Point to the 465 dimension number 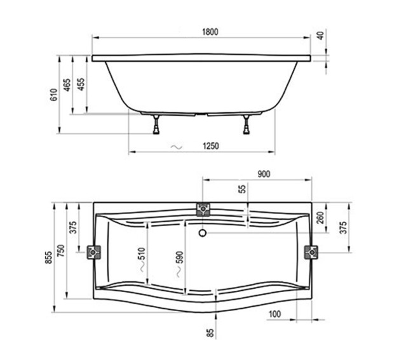click(67, 85)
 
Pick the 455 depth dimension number click(81, 85)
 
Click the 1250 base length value click(212, 147)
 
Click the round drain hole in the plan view click(203, 232)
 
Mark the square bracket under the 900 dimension click(203, 209)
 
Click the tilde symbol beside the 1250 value click(177, 147)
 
